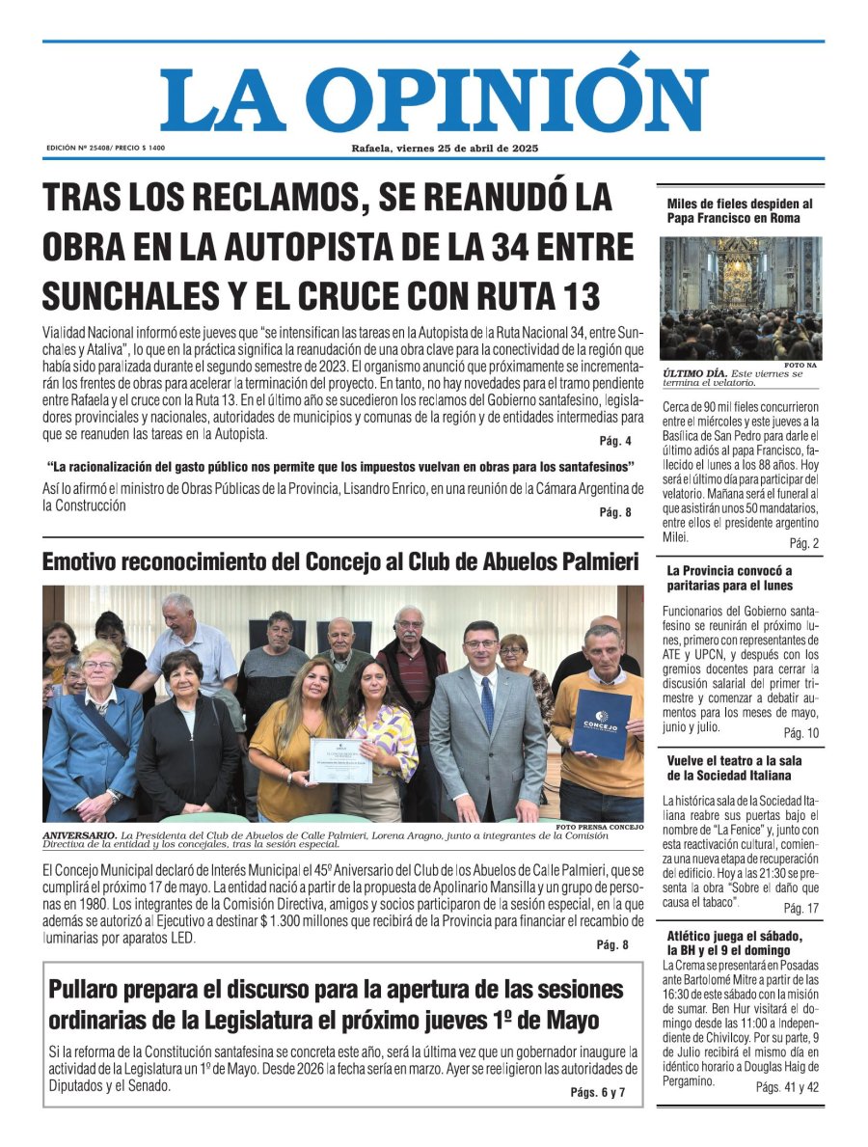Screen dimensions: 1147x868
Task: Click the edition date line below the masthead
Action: point(445,149)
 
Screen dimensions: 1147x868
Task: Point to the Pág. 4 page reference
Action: point(615,441)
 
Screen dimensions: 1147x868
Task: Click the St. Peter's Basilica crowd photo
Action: point(740,298)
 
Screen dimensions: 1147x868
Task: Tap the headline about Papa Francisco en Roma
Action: point(740,210)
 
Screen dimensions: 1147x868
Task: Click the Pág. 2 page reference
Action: point(803,543)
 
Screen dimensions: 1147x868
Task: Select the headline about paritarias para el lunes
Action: point(729,577)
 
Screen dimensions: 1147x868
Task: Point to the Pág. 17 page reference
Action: point(800,908)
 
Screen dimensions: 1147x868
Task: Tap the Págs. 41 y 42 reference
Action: point(788,1086)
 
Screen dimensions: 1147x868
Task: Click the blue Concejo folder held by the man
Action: point(601,724)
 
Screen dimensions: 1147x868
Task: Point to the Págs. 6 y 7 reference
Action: point(598,1092)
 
